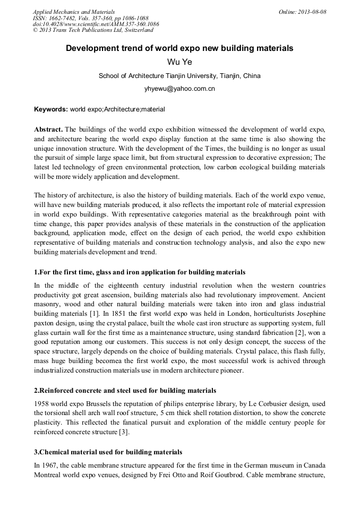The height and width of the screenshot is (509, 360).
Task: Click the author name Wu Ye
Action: tap(179, 62)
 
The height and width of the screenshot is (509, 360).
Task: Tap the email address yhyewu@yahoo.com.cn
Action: tap(179, 89)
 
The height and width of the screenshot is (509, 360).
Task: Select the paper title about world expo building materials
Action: tap(179, 48)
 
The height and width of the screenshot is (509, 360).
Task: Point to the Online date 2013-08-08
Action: tap(303, 12)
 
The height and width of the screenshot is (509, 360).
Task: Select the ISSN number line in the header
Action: tap(91, 18)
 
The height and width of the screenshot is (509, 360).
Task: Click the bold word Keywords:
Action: tap(51, 109)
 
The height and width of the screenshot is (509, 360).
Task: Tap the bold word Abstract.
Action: tap(48, 130)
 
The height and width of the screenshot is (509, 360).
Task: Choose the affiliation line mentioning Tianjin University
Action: tap(179, 76)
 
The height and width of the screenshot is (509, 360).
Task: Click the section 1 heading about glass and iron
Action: tap(140, 272)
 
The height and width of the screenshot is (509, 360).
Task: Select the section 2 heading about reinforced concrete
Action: tap(125, 391)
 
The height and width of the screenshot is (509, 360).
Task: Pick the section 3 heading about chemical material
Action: tap(108, 452)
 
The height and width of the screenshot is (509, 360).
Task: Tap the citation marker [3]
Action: tap(124, 432)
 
